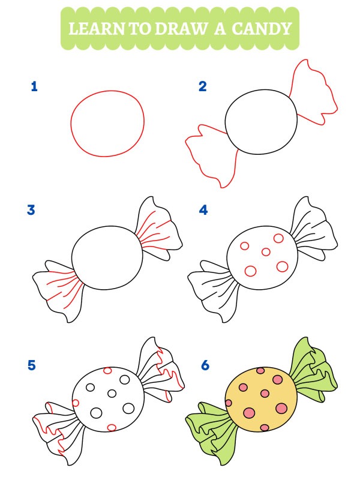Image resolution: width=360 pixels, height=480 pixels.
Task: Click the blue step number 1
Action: [34, 86]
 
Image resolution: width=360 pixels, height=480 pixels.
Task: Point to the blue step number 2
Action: [202, 86]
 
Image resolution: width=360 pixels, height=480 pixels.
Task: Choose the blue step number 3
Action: [31, 210]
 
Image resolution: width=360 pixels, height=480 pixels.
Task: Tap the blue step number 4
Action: [203, 210]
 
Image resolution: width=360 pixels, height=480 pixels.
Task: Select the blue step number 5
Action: [31, 364]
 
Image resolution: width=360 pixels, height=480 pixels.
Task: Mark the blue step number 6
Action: [205, 364]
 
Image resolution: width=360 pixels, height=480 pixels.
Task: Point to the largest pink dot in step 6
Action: [281, 409]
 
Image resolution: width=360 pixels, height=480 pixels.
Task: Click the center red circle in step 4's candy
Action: [265, 253]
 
